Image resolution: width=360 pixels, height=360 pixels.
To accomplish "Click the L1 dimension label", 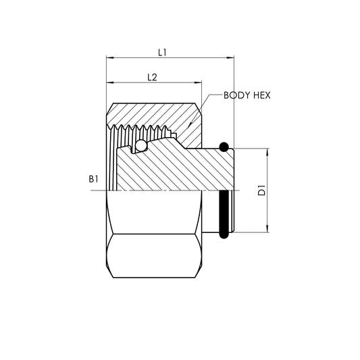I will click(163, 51).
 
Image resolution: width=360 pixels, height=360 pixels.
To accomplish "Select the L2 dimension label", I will click(152, 78).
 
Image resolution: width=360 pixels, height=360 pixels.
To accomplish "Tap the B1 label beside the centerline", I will click(93, 180).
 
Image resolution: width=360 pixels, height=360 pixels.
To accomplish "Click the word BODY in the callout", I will click(237, 95).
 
